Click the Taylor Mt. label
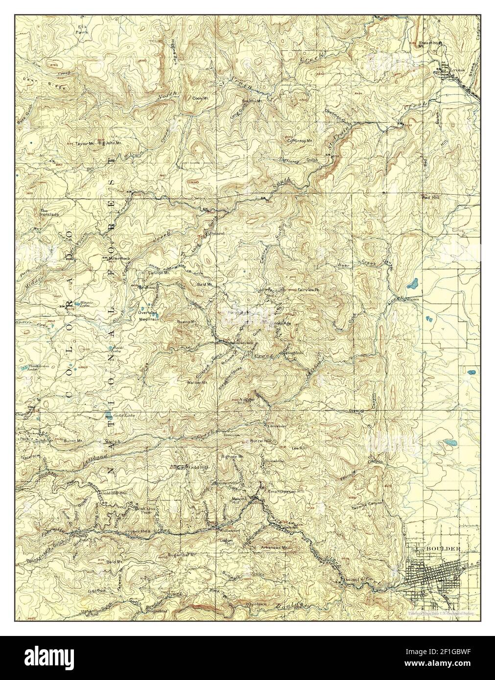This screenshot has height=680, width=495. [85, 144]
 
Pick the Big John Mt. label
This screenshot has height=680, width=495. [110, 144]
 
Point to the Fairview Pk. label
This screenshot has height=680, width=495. [308, 290]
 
